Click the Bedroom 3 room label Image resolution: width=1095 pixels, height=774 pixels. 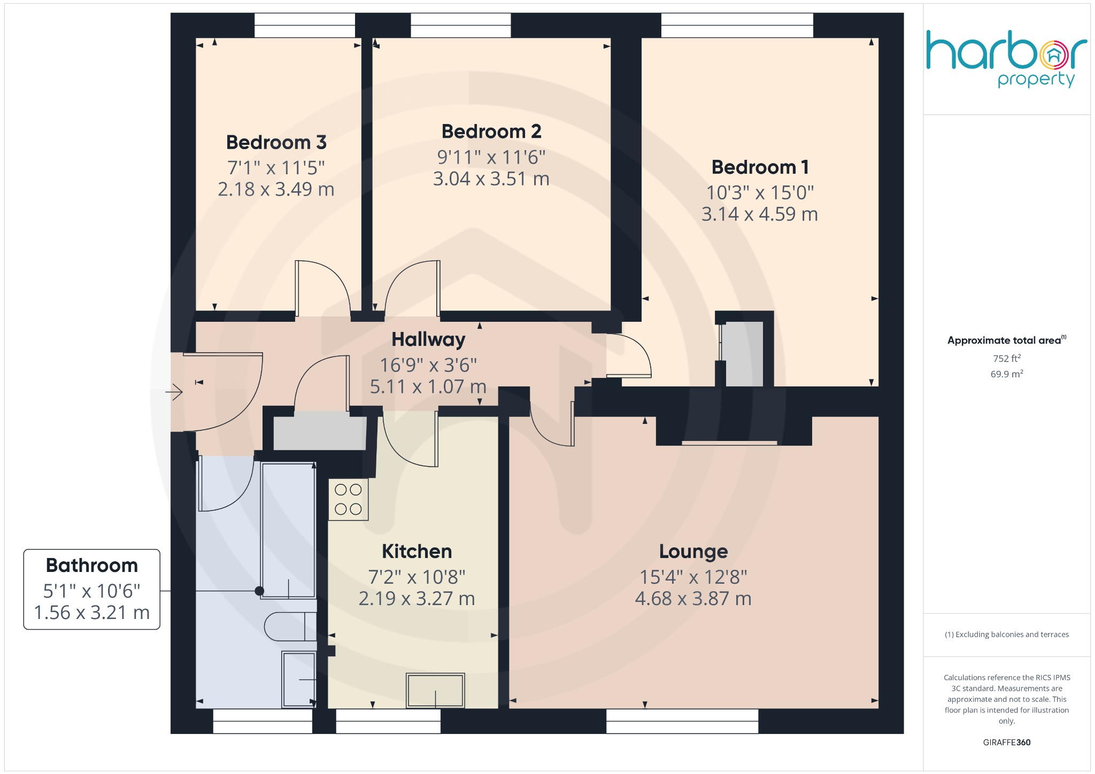pyautogui.click(x=276, y=143)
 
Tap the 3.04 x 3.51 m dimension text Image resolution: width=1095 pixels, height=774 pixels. pyautogui.click(x=491, y=179)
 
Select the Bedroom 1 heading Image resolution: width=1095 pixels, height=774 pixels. pyautogui.click(x=759, y=167)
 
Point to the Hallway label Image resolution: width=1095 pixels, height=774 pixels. pyautogui.click(x=428, y=339)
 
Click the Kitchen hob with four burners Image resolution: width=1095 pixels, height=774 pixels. pyautogui.click(x=348, y=499)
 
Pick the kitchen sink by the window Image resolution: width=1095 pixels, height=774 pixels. pyautogui.click(x=435, y=690)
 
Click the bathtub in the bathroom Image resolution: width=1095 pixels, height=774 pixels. pyautogui.click(x=288, y=530)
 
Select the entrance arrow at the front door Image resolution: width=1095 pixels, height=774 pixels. pyautogui.click(x=174, y=392)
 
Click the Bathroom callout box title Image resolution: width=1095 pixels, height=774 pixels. pyautogui.click(x=92, y=566)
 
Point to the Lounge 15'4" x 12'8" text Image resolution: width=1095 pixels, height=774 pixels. pyautogui.click(x=693, y=577)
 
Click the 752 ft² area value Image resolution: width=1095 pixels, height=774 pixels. pyautogui.click(x=1006, y=359)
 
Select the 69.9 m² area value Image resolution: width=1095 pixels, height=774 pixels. pyautogui.click(x=1006, y=374)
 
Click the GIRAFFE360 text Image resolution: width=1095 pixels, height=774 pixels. pyautogui.click(x=1006, y=742)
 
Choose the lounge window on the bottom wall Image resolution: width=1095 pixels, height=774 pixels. pyautogui.click(x=682, y=721)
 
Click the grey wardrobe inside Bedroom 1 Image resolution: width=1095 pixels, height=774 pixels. pyautogui.click(x=744, y=353)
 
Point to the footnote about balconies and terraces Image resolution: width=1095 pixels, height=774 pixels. pyautogui.click(x=1006, y=634)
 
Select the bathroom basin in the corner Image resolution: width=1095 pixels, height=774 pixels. pyautogui.click(x=298, y=679)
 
